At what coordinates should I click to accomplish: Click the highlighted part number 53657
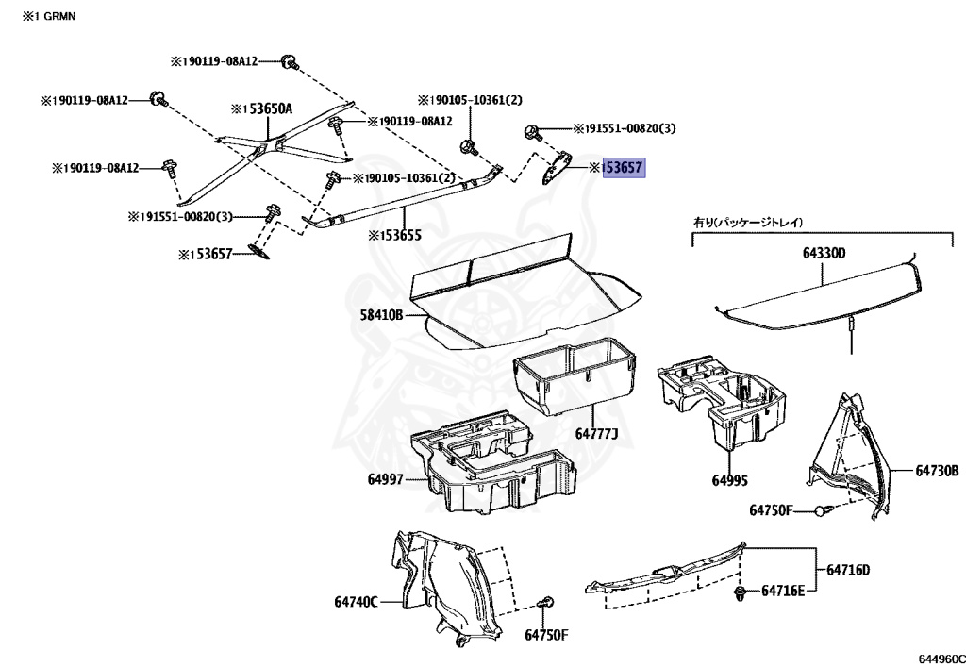625,169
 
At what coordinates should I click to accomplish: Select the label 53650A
265,109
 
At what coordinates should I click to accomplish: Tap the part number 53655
395,235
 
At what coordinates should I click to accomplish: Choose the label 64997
385,479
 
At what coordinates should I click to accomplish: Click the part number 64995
729,480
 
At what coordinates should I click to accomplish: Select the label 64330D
824,253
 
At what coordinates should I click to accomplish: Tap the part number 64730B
936,470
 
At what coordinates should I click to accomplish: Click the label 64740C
355,601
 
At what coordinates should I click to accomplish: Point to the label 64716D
848,570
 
